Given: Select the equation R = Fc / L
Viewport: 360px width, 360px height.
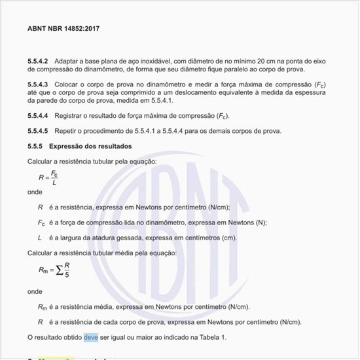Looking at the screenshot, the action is pyautogui.click(x=48, y=177).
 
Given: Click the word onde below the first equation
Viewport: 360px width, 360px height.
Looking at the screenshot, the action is pyautogui.click(x=35, y=192).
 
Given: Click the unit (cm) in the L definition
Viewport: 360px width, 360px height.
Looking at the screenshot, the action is pyautogui.click(x=228, y=238).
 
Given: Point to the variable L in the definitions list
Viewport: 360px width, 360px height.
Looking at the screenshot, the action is pyautogui.click(x=40, y=238).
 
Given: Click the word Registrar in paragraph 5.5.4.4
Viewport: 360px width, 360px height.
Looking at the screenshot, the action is pyautogui.click(x=70, y=116).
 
